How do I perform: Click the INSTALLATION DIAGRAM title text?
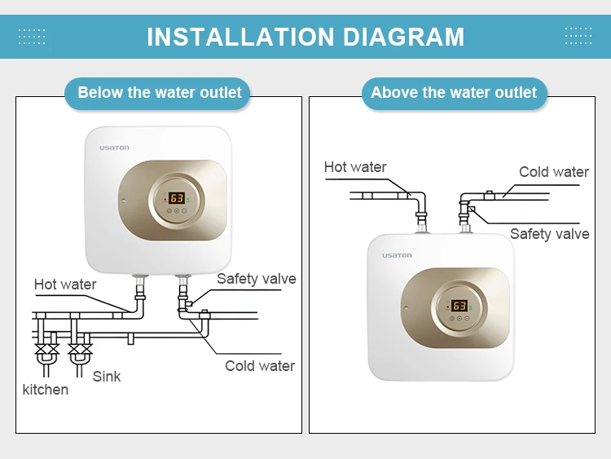pyautogui.click(x=305, y=37)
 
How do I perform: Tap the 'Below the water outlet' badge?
pyautogui.click(x=160, y=93)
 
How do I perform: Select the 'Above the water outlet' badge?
pyautogui.click(x=454, y=93)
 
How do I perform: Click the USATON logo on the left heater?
pyautogui.click(x=114, y=148)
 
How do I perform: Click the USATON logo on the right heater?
pyautogui.click(x=397, y=255)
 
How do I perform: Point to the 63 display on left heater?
pyautogui.click(x=177, y=198)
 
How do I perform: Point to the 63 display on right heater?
pyautogui.click(x=459, y=306)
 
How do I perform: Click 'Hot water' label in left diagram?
pyautogui.click(x=65, y=285)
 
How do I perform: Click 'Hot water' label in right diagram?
pyautogui.click(x=355, y=167)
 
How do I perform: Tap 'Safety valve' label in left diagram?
pyautogui.click(x=256, y=279)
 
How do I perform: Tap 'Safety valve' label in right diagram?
pyautogui.click(x=549, y=234)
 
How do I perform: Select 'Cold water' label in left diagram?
pyautogui.click(x=260, y=366)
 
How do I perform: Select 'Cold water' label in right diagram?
pyautogui.click(x=554, y=172)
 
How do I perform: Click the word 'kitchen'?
pyautogui.click(x=46, y=390)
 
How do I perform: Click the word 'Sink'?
pyautogui.click(x=106, y=376)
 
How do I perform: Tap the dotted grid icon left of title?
pyautogui.click(x=32, y=36)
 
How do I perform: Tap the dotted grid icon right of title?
pyautogui.click(x=578, y=36)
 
